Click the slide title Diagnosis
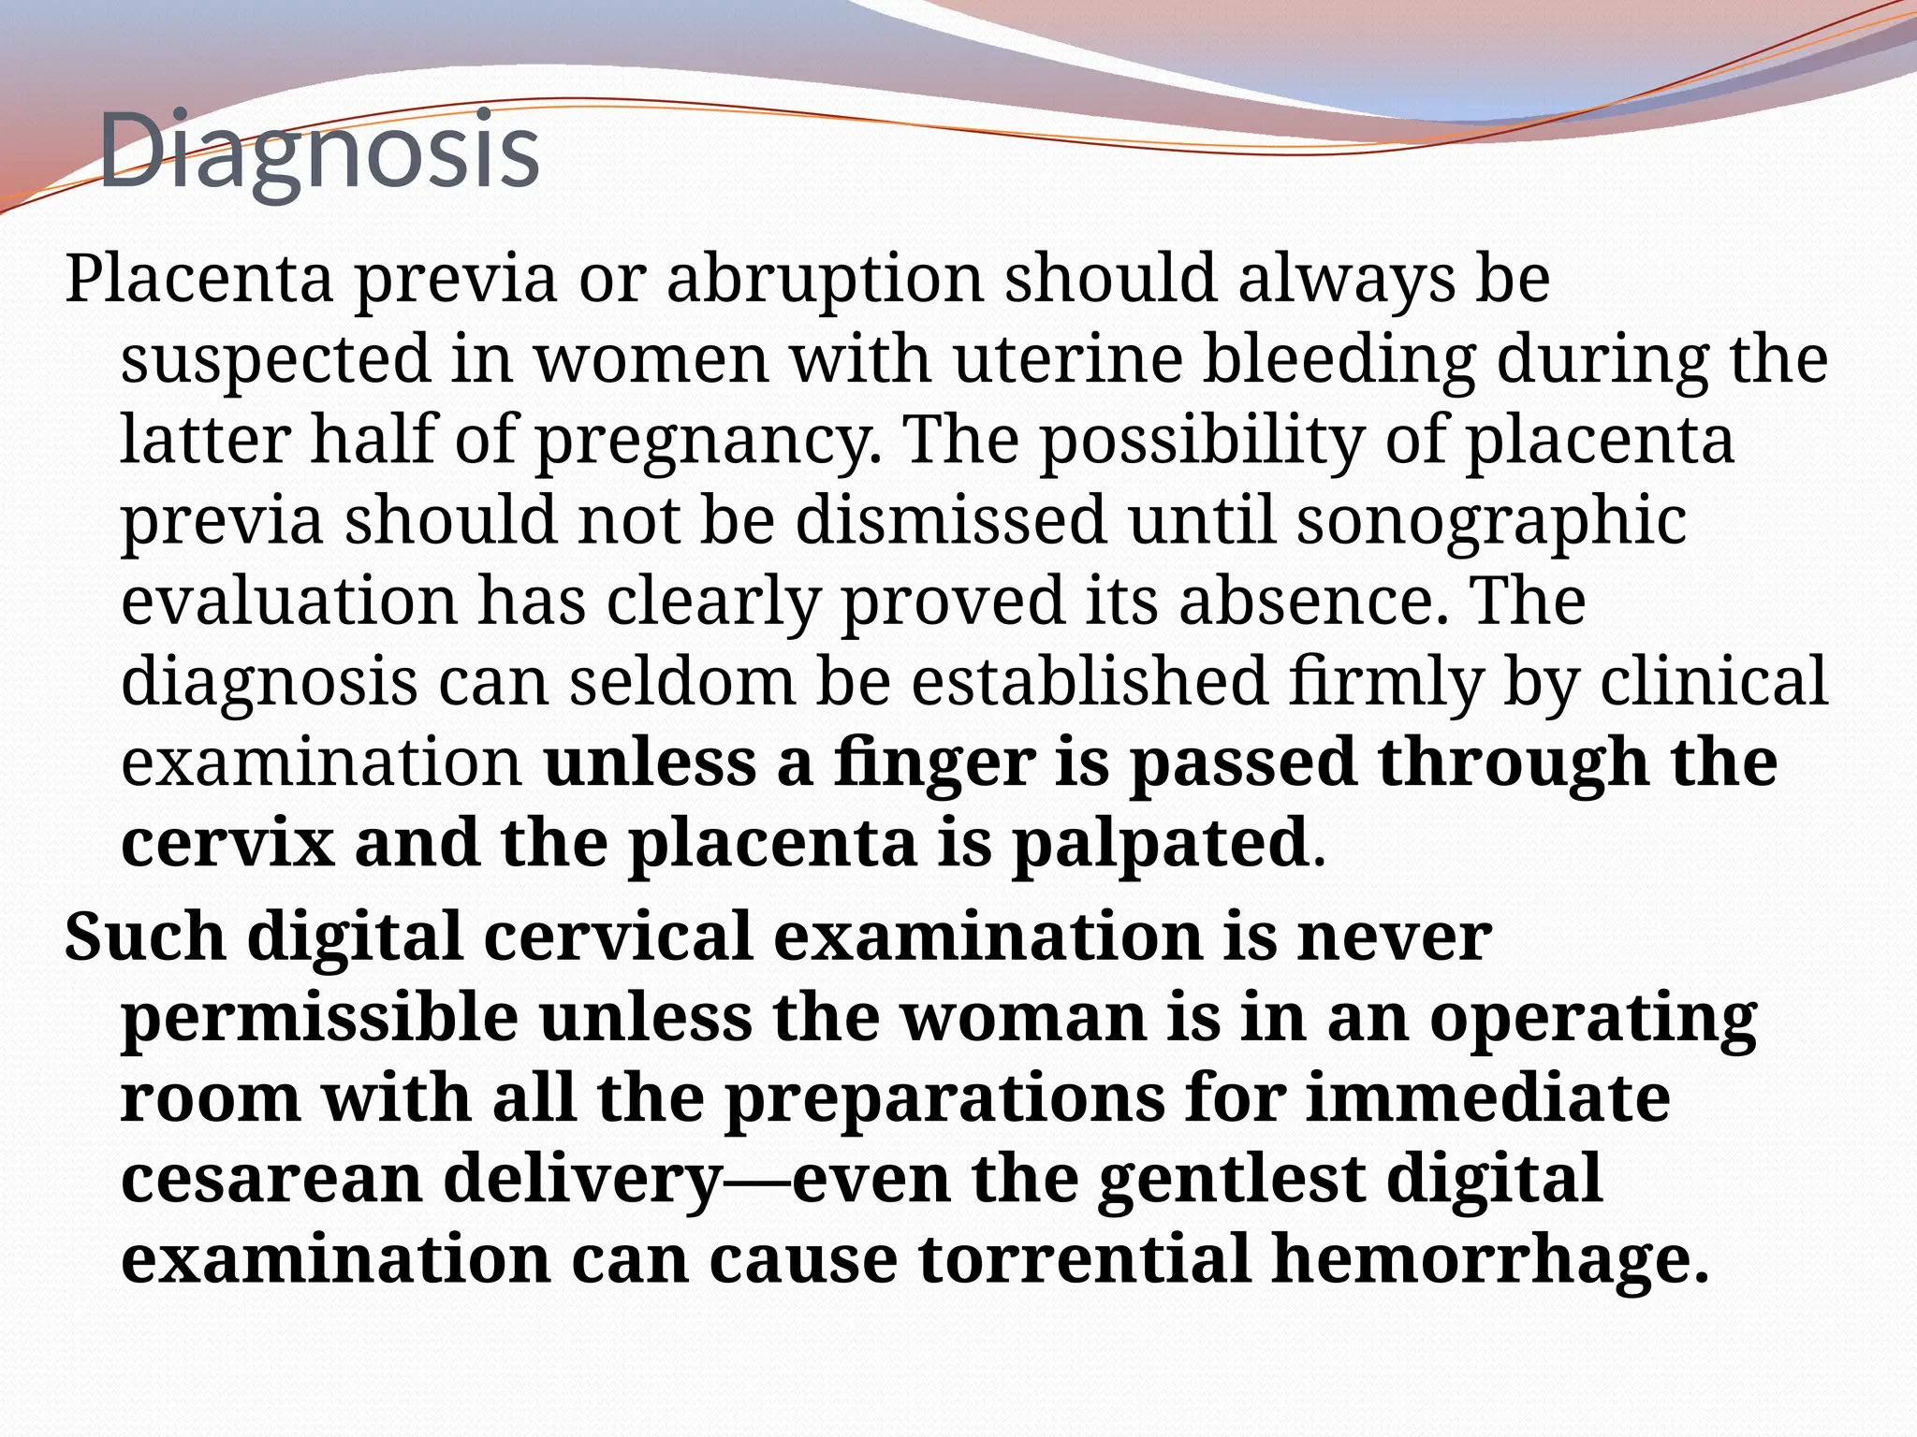coord(318,150)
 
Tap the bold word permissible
coord(319,1018)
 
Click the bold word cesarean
coord(271,1179)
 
